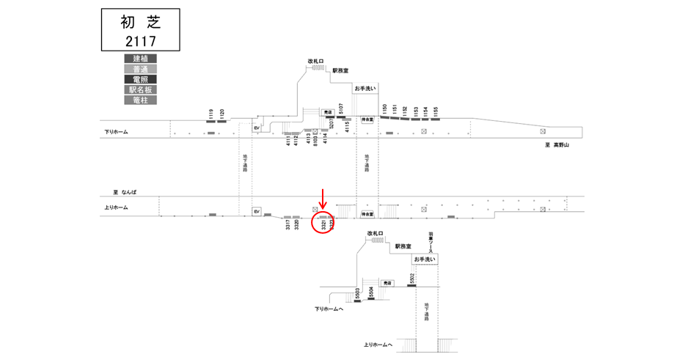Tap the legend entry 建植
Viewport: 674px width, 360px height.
[139, 58]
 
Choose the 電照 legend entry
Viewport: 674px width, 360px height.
[139, 78]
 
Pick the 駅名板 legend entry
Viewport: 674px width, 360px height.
[139, 89]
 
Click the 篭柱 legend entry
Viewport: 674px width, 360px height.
[139, 99]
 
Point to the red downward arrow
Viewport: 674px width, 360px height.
[321, 198]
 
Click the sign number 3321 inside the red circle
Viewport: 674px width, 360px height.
[323, 225]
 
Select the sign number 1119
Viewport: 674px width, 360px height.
[210, 114]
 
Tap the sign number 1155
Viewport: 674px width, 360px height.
[436, 111]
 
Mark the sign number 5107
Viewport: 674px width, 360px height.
[341, 109]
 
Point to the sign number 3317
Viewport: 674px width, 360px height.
[287, 226]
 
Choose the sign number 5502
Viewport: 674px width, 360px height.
[413, 279]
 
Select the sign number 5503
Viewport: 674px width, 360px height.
[357, 295]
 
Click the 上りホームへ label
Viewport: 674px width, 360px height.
[378, 345]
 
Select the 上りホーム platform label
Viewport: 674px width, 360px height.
[116, 207]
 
